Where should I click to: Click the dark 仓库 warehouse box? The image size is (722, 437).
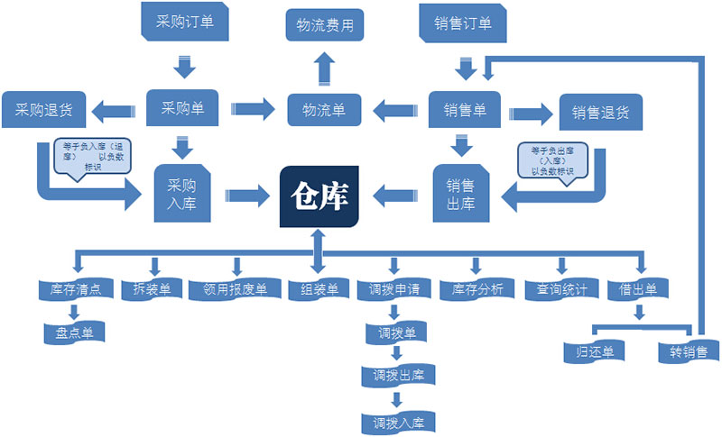click(x=319, y=195)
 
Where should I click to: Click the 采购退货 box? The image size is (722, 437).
click(x=43, y=111)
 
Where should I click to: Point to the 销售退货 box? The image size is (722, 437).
click(x=600, y=113)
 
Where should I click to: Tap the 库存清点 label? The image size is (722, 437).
click(x=76, y=289)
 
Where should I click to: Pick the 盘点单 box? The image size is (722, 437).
click(x=75, y=332)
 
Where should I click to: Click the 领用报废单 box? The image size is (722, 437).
click(x=235, y=289)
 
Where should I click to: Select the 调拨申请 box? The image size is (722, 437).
click(x=394, y=290)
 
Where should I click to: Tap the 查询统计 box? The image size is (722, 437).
click(x=561, y=289)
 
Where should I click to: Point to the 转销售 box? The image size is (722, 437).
click(x=688, y=351)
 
